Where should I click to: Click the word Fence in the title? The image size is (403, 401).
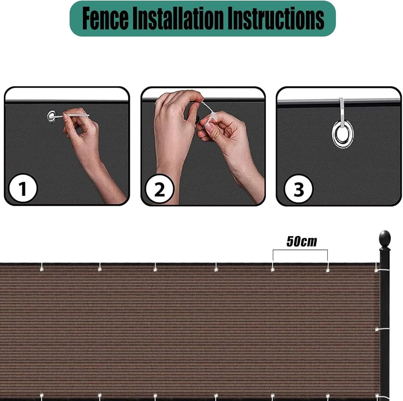coord(105,18)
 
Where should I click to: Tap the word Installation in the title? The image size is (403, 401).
coord(178,18)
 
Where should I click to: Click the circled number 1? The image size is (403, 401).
coord(23,189)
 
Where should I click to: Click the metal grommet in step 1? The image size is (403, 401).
coord(51,117)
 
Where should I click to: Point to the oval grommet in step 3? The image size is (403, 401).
coord(343,134)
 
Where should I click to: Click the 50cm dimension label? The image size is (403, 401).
coord(302,241)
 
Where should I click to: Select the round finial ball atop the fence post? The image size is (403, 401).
coord(385,239)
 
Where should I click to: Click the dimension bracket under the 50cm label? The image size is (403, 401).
coord(300,250)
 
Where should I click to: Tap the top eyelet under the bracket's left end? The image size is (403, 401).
coord(272,270)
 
